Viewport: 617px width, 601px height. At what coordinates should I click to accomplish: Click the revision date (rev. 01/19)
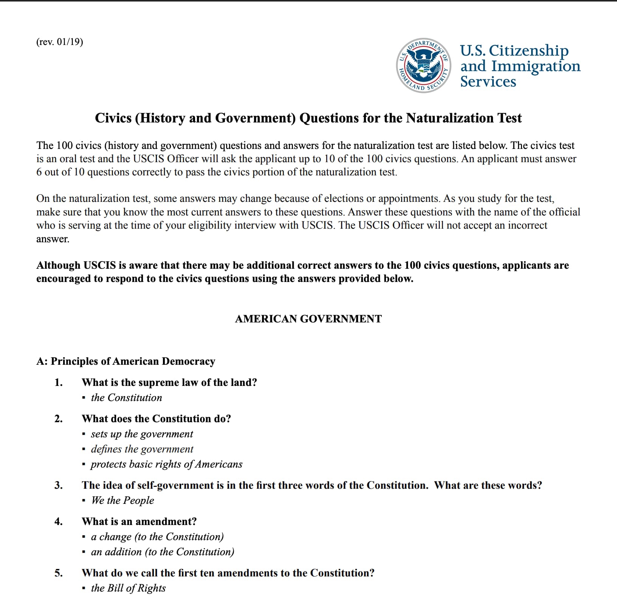point(59,42)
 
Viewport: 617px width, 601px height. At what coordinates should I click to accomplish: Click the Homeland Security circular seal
point(424,65)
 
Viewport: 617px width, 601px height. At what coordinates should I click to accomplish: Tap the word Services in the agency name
point(488,82)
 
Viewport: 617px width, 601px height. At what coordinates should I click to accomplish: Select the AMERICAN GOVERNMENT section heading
point(308,319)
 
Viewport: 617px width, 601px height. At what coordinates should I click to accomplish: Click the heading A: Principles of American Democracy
point(126,361)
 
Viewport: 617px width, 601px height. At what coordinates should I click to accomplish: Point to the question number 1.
point(58,383)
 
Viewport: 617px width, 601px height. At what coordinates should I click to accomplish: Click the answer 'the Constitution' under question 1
point(126,398)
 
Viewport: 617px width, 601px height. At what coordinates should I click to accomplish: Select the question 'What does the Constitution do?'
point(156,419)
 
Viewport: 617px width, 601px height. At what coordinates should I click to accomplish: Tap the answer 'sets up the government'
point(142,434)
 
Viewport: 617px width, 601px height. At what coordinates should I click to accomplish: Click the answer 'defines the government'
point(142,449)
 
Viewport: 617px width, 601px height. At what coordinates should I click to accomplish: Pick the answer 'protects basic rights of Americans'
point(166,464)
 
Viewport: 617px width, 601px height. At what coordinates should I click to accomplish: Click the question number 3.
point(58,485)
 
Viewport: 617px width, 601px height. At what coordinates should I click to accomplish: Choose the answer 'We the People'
point(122,500)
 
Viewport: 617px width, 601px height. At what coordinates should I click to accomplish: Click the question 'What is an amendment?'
point(139,522)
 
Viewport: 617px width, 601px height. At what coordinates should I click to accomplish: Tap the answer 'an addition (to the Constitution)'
point(163,552)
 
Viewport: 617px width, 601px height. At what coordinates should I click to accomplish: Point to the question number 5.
point(58,573)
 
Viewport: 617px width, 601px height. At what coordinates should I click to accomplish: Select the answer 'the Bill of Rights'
point(128,588)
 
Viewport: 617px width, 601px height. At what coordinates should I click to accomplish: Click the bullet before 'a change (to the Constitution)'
point(84,537)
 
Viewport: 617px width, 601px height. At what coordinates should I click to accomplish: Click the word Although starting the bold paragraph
point(58,265)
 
